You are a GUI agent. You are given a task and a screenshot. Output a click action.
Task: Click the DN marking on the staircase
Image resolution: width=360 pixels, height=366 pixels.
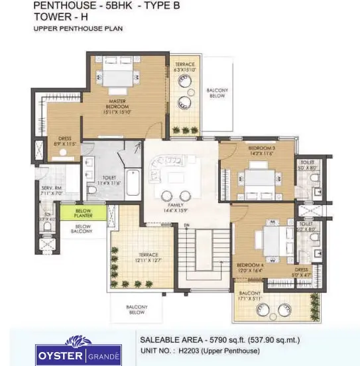tap(187, 226)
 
